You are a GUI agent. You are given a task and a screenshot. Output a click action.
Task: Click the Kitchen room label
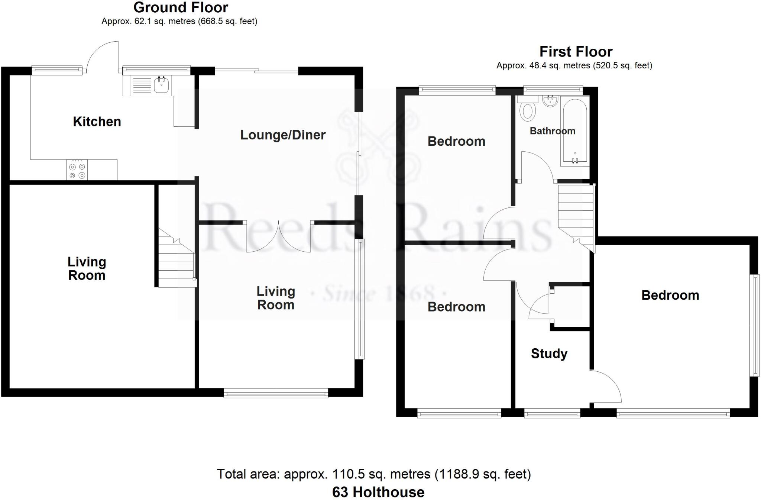pyautogui.click(x=97, y=122)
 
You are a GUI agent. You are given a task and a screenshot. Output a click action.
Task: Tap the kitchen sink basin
pyautogui.click(x=161, y=85)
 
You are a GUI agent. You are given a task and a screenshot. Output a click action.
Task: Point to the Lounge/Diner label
pyautogui.click(x=283, y=135)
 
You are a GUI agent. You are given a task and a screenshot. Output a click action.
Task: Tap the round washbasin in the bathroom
pyautogui.click(x=550, y=101)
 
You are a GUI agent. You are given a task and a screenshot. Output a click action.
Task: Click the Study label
pyautogui.click(x=549, y=354)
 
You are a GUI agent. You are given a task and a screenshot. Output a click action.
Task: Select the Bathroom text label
pyautogui.click(x=552, y=131)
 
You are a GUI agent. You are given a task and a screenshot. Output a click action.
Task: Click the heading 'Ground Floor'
pyautogui.click(x=181, y=7)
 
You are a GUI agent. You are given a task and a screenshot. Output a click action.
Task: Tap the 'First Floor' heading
pyautogui.click(x=576, y=52)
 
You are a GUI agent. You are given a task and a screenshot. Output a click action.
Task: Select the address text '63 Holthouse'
pyautogui.click(x=378, y=492)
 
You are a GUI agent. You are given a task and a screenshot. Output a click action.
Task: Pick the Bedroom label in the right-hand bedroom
pyautogui.click(x=670, y=295)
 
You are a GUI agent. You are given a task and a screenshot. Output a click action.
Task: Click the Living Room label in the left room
pyautogui.click(x=87, y=268)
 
